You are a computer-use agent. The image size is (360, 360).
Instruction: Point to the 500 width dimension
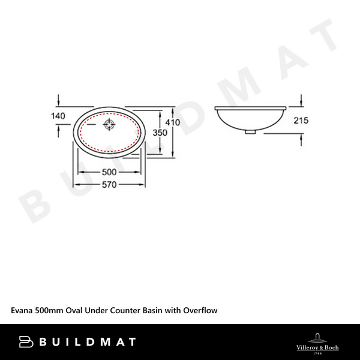[x=109, y=172]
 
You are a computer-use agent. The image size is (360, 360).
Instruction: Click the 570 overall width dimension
[x=109, y=185]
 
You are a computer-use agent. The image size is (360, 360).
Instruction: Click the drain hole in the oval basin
[x=110, y=125]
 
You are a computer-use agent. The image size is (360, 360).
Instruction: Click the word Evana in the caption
[x=22, y=311]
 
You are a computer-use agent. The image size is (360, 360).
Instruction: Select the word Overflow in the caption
[x=199, y=311]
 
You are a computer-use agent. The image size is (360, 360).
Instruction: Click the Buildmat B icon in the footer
[x=26, y=342]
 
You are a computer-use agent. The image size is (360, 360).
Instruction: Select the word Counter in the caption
[x=122, y=311]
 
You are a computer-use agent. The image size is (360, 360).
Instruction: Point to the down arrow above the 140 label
[x=58, y=99]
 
